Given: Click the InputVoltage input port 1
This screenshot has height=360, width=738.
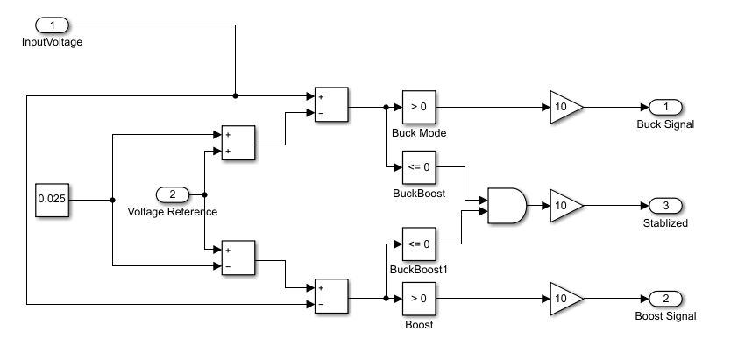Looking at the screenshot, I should coord(53,25).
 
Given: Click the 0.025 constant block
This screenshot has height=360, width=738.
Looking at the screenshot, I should coord(51,200).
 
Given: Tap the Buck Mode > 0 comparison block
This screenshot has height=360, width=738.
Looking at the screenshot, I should coord(419,107).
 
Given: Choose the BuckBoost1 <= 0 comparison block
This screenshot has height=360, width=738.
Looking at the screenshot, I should coord(419,244).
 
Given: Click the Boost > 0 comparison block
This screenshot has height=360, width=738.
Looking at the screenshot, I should coord(419,299).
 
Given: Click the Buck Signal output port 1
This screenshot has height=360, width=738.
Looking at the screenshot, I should coord(665,107).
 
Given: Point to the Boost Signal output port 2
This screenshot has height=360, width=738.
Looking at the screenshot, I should coord(665,299).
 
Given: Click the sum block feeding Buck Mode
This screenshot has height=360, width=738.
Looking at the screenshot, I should coord(331,105).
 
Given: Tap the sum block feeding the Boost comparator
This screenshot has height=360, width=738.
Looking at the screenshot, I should coord(331,296).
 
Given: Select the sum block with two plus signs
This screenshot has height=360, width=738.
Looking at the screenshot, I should coord(238,144).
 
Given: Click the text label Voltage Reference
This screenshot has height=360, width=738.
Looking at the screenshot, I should coord(173,212).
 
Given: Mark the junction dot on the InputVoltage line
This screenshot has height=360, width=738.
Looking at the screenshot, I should coord(236,95).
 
